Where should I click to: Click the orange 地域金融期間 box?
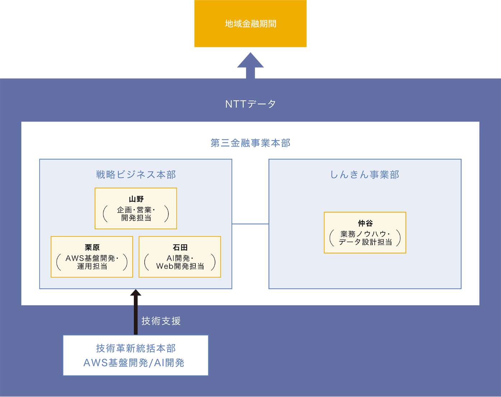(x=250, y=24)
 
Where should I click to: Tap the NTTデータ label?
(x=250, y=104)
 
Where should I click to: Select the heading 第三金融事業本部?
(x=250, y=143)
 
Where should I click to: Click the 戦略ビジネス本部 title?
(x=136, y=175)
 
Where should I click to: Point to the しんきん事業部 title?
(x=365, y=175)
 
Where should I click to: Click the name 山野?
(x=136, y=199)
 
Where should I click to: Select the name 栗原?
(x=92, y=247)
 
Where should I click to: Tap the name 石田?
(x=180, y=247)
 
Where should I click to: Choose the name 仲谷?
(x=365, y=223)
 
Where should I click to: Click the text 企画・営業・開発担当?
(x=136, y=214)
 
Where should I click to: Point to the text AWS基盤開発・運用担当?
(x=92, y=262)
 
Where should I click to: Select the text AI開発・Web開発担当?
(x=180, y=262)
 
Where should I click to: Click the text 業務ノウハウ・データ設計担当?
(x=365, y=238)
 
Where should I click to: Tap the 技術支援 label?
(x=161, y=321)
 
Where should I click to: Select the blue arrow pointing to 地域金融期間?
(x=250, y=65)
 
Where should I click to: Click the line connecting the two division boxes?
(x=250, y=224)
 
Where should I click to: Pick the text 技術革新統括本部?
(x=136, y=348)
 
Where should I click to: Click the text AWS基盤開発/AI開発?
(x=134, y=363)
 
